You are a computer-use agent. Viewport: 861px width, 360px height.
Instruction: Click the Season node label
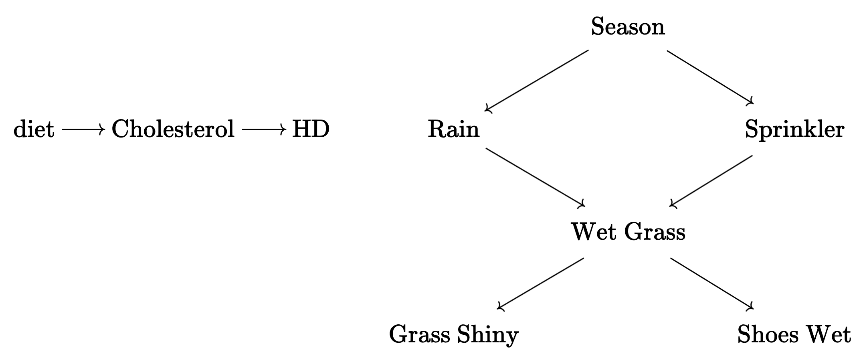pos(628,27)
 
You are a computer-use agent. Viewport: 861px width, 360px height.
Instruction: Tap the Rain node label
pos(453,130)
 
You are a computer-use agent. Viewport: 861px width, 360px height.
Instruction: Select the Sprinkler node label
pos(794,130)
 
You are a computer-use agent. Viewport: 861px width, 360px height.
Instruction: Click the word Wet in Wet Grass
pos(592,232)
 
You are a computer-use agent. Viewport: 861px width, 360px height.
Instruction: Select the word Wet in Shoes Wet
pos(828,335)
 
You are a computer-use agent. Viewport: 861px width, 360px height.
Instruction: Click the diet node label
pos(34,130)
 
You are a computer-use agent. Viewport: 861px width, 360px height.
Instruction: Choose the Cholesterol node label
pos(173,130)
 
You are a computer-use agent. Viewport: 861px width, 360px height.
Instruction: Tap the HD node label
pos(311,130)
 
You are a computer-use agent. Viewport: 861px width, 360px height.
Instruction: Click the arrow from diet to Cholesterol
pos(83,130)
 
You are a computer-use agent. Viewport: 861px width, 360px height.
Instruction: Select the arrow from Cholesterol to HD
pos(264,130)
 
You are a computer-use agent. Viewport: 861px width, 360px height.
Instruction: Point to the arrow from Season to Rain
pos(537,80)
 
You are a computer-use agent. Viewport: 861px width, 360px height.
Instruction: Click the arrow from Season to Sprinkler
pos(709,77)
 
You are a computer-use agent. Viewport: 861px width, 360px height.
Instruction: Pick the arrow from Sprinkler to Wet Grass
pos(711,181)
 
